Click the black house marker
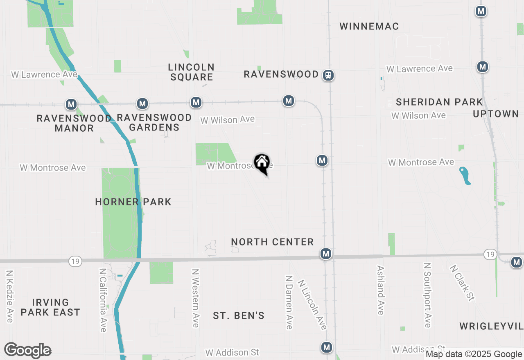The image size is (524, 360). click(x=262, y=163)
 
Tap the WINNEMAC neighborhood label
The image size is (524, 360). click(x=369, y=27)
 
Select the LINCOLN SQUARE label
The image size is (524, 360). click(x=191, y=72)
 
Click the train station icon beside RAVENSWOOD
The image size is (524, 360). click(x=328, y=75)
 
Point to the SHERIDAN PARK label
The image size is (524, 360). click(x=439, y=102)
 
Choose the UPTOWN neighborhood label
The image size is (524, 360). click(x=496, y=114)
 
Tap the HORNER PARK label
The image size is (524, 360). click(x=133, y=202)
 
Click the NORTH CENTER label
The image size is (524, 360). click(x=272, y=242)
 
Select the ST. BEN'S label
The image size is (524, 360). click(x=239, y=316)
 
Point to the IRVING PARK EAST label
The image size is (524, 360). click(x=50, y=307)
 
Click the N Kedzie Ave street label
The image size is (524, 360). click(x=10, y=296)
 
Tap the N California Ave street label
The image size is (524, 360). click(x=103, y=300)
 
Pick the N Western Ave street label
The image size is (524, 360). click(x=196, y=298)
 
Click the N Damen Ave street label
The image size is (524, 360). click(x=289, y=302)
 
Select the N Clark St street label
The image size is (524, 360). click(x=462, y=283)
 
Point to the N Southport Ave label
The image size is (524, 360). click(x=427, y=295)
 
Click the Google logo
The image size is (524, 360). click(x=27, y=351)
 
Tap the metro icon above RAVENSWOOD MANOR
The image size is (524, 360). click(x=72, y=104)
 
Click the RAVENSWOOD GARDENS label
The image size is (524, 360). click(x=154, y=122)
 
